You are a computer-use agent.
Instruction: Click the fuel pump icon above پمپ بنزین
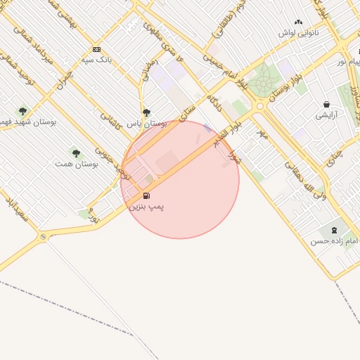146,195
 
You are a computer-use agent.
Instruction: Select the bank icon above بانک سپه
96,49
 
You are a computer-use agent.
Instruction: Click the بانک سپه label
97,60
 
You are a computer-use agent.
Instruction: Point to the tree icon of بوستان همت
76,153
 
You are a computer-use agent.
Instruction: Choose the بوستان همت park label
75,163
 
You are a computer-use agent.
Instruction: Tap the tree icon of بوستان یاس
146,112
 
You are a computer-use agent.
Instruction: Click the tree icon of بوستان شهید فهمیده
22,110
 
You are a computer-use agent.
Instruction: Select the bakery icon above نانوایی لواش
298,22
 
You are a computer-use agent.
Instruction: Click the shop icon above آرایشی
326,104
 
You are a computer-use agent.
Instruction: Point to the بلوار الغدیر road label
225,136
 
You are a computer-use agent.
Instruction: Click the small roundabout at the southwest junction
44,237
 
